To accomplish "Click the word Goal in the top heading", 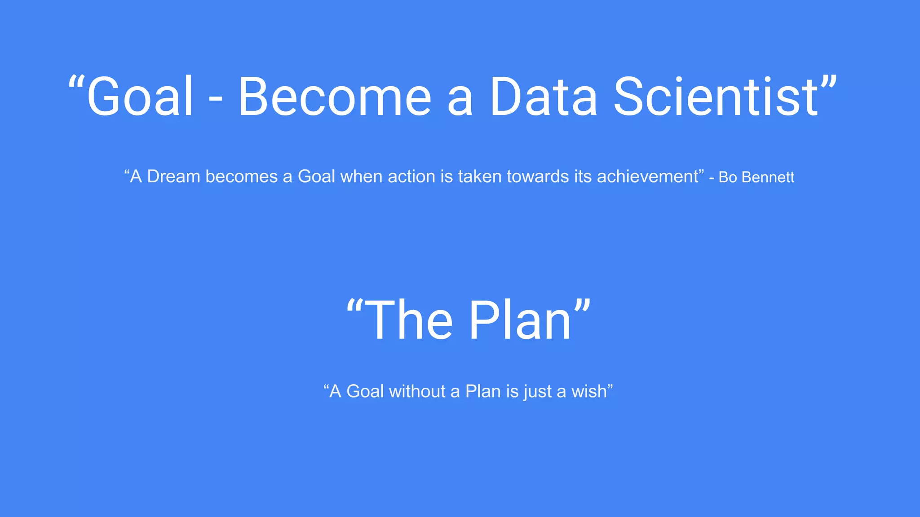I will (140, 96).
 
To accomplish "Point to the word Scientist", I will (716, 96).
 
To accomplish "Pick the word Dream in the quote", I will (173, 176).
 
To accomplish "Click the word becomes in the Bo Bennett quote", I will (242, 176).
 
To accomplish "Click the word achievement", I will (647, 176).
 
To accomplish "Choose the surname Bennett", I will (768, 177).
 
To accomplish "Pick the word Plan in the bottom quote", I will (483, 391).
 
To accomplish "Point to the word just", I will (537, 392).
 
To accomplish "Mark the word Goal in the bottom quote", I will (365, 391).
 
